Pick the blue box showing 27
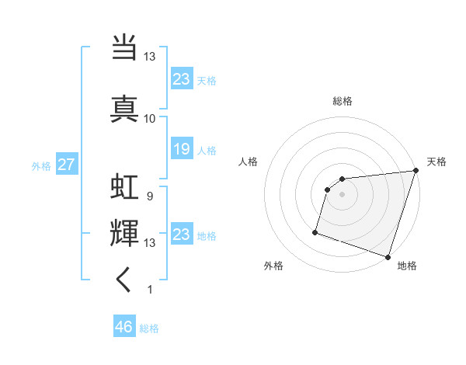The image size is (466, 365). [66, 165]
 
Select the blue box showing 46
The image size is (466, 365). [123, 327]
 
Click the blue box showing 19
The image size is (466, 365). [181, 150]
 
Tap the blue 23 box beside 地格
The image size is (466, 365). [181, 235]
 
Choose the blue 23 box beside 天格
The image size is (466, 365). [181, 78]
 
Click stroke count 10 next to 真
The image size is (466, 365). [149, 118]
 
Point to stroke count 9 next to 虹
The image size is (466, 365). [149, 196]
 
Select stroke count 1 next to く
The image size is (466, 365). [149, 290]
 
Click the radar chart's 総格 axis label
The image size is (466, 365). [343, 101]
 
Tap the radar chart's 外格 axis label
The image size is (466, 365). [273, 266]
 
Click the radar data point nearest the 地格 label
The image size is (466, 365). [388, 257]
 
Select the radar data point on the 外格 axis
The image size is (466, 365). [315, 231]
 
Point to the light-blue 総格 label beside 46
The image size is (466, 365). [149, 328]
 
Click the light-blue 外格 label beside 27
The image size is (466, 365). [40, 165]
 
